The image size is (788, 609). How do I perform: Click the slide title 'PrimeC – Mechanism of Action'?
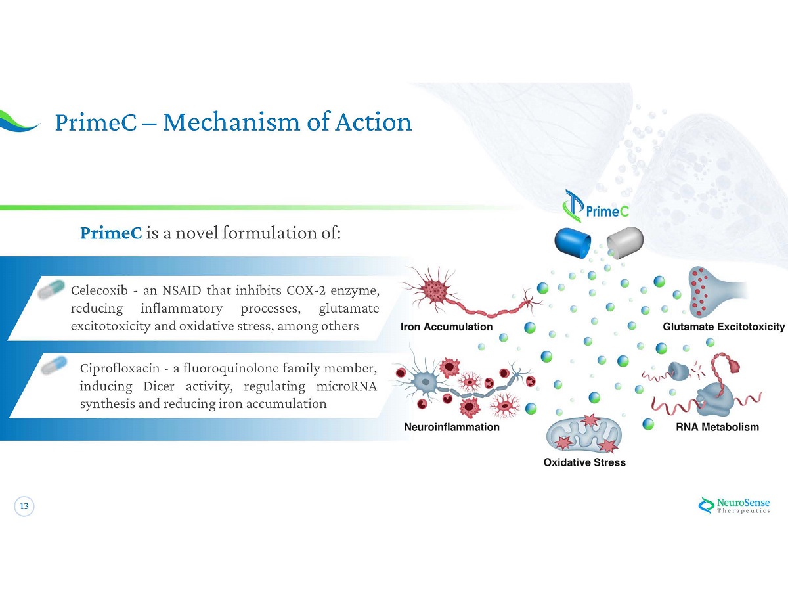(x=233, y=122)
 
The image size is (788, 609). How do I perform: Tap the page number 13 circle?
(x=24, y=507)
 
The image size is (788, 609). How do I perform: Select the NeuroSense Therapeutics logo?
(x=733, y=505)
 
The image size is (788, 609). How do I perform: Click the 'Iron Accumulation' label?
(x=447, y=327)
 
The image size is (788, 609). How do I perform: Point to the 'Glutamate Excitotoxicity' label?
(x=724, y=327)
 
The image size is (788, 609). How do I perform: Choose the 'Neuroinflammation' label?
(x=452, y=427)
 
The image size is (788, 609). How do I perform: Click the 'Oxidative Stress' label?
(x=584, y=462)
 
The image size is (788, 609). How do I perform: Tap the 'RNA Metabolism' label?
(x=717, y=427)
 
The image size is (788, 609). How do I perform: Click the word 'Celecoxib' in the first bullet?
(x=98, y=290)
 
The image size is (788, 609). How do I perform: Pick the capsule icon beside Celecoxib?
(x=52, y=288)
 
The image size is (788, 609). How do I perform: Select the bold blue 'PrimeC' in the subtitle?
(x=110, y=233)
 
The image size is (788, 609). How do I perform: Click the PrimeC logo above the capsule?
(x=596, y=206)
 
